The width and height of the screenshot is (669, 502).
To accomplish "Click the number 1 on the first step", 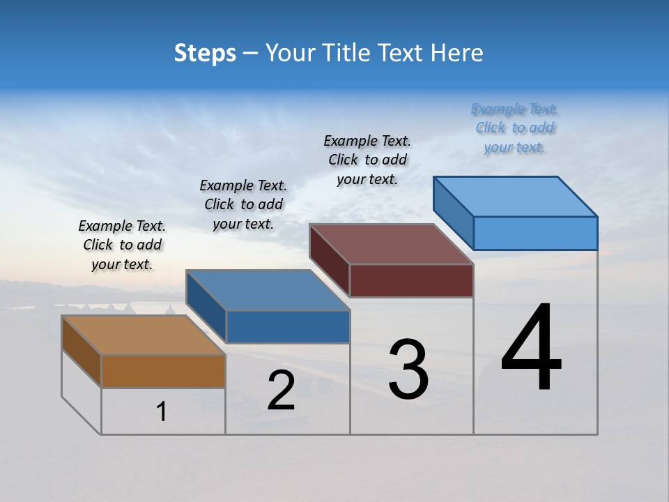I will [x=162, y=411].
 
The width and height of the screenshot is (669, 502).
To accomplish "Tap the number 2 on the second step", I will [x=281, y=390].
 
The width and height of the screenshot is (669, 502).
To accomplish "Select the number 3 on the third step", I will [x=408, y=370].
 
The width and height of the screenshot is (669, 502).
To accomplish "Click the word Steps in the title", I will [x=205, y=53].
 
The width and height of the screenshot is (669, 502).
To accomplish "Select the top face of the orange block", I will [x=143, y=335].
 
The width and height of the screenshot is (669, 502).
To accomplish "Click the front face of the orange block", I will [x=163, y=371].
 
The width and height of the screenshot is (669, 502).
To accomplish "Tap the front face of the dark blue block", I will [x=288, y=326].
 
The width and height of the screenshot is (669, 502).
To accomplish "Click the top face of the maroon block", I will [x=391, y=244].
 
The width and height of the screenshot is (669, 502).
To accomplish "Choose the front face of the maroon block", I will [x=411, y=280].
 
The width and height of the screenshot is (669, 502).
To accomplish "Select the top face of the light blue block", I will [x=515, y=197].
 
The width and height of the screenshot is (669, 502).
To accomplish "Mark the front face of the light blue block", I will [x=535, y=233].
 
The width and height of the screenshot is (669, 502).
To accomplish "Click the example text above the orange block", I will [x=122, y=245].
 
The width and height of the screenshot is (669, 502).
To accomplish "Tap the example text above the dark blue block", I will [x=243, y=204].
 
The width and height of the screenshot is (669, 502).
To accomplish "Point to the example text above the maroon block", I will [x=367, y=160].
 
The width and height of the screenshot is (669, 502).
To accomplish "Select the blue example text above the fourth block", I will [x=514, y=128].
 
